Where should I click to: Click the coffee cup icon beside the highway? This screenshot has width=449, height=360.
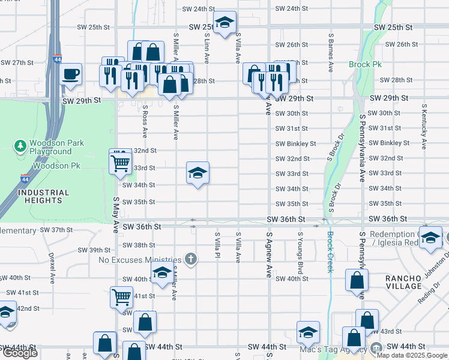click(71, 74)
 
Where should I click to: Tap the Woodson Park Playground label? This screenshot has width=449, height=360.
click(57, 148)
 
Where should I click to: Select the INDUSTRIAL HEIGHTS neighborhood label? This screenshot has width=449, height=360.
click(43, 197)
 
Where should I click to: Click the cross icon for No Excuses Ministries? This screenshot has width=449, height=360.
click(191, 259)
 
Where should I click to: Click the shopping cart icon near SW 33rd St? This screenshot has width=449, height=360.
click(121, 162)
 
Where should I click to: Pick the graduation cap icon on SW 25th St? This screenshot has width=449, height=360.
click(224, 23)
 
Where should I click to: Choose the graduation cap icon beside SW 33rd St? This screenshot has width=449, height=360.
click(197, 173)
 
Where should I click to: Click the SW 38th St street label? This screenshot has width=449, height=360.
click(139, 245)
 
